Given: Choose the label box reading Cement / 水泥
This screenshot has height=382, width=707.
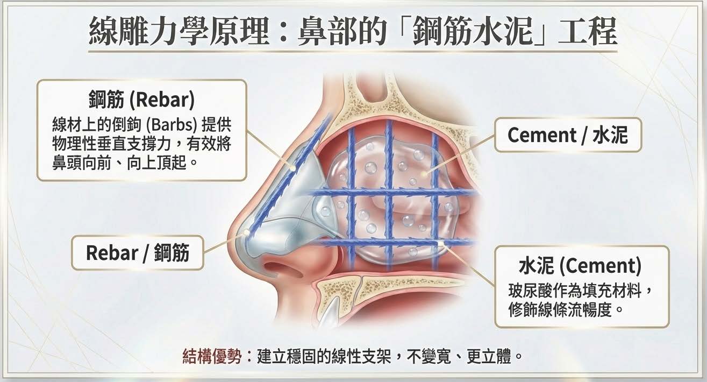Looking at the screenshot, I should pyautogui.click(x=567, y=135).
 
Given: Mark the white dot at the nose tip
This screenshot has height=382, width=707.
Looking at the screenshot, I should pyautogui.click(x=246, y=232).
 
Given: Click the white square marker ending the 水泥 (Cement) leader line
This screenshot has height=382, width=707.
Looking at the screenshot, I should pyautogui.click(x=442, y=245).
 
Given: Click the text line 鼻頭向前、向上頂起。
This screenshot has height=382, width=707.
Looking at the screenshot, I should pyautogui.click(x=122, y=161).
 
